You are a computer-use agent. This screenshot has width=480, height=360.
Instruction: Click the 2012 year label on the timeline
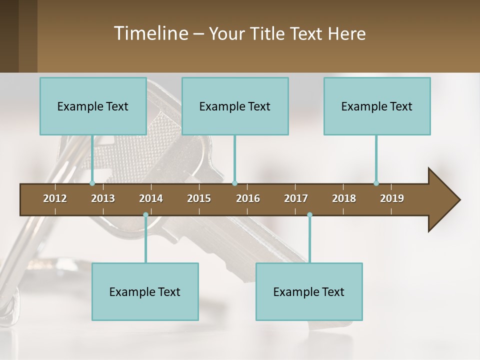55,198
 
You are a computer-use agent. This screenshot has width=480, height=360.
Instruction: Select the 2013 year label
103,198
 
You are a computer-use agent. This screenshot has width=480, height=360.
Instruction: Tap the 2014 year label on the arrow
151,198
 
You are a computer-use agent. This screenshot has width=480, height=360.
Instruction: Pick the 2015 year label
199,198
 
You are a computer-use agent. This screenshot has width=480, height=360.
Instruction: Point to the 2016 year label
248,198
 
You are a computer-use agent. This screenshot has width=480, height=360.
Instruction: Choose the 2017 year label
296,198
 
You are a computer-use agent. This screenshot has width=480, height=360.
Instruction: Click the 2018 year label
344,198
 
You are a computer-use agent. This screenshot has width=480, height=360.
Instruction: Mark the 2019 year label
392,198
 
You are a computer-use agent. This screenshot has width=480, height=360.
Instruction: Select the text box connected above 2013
93,106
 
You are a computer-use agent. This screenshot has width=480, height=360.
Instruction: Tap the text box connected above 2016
235,106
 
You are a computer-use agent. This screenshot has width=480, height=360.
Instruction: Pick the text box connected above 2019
377,106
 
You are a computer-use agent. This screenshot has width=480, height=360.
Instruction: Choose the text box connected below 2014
145,291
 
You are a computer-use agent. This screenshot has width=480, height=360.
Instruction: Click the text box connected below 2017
309,291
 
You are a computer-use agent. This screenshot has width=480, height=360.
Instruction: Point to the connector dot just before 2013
92,183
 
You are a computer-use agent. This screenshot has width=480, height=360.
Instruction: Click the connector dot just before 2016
234,183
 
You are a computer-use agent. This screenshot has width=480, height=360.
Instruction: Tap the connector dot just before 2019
376,183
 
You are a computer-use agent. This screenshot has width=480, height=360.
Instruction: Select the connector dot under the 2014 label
145,215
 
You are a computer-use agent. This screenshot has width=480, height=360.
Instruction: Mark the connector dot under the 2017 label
309,215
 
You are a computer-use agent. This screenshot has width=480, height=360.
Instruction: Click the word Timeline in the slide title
150,33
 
